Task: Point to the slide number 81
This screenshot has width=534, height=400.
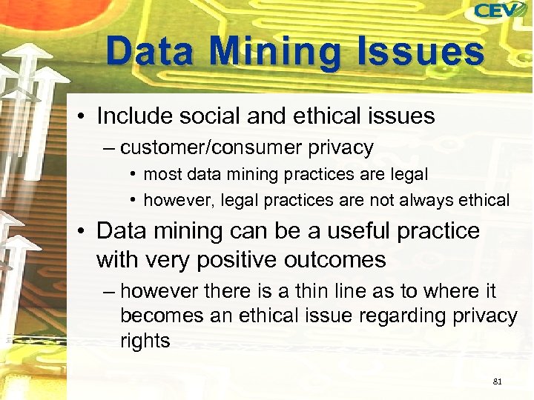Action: (x=497, y=381)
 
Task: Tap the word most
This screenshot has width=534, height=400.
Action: (x=159, y=176)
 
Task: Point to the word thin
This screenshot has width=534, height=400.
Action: (x=299, y=291)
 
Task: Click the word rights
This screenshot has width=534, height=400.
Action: (x=145, y=341)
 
